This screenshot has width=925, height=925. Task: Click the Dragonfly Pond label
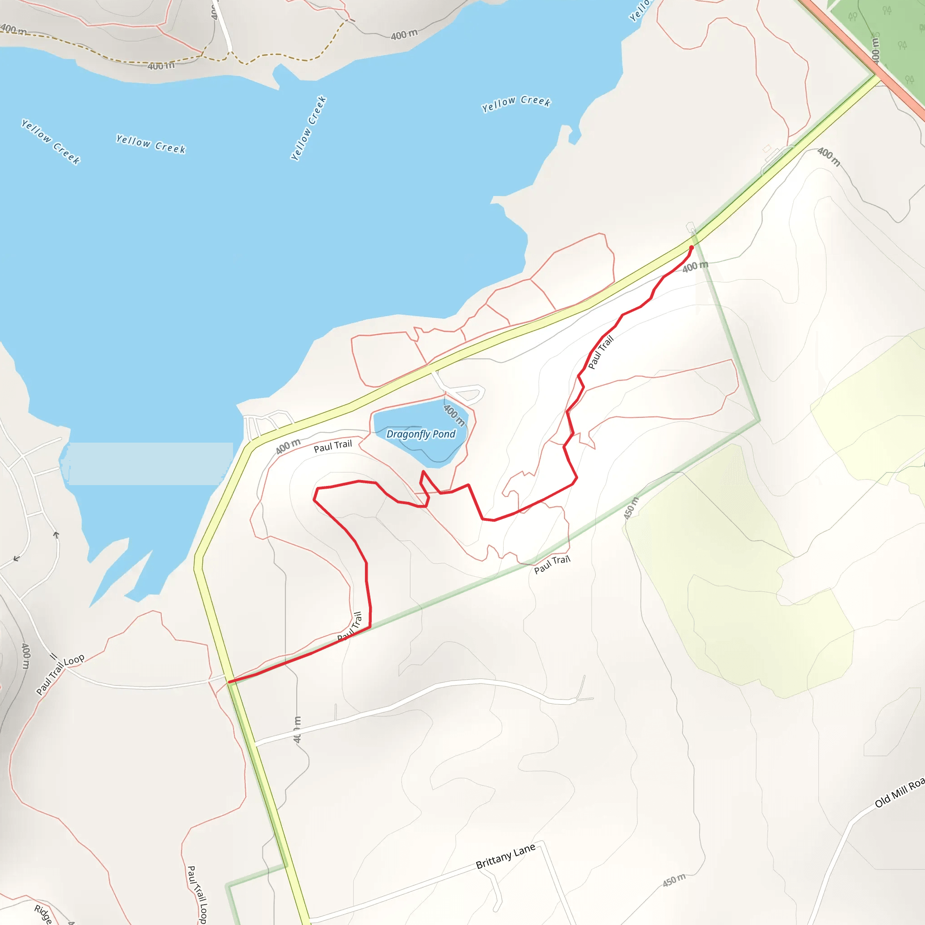(x=421, y=434)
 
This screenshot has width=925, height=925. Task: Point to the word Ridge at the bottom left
(x=43, y=914)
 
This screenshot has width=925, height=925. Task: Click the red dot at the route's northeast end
(x=691, y=248)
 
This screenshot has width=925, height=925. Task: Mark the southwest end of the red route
(x=230, y=681)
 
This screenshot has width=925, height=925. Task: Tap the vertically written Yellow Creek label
(x=309, y=128)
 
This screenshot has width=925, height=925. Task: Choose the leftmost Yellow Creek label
(x=51, y=142)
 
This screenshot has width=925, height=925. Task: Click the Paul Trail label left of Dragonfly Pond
(x=333, y=446)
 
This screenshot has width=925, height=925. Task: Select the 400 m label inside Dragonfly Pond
(x=454, y=415)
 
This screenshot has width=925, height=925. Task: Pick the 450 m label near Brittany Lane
(x=674, y=880)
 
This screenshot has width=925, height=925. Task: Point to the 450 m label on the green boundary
(x=631, y=509)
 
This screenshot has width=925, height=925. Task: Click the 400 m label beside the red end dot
(x=695, y=266)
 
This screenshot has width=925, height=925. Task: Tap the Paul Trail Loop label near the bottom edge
(x=197, y=894)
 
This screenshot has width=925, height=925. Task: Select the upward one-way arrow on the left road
(x=56, y=535)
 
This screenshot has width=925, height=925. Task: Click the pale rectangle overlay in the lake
(x=151, y=463)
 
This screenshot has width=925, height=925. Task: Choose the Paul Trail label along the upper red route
(x=600, y=352)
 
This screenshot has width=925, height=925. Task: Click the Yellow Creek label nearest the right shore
(x=516, y=104)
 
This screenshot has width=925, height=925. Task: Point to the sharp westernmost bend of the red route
(x=314, y=499)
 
